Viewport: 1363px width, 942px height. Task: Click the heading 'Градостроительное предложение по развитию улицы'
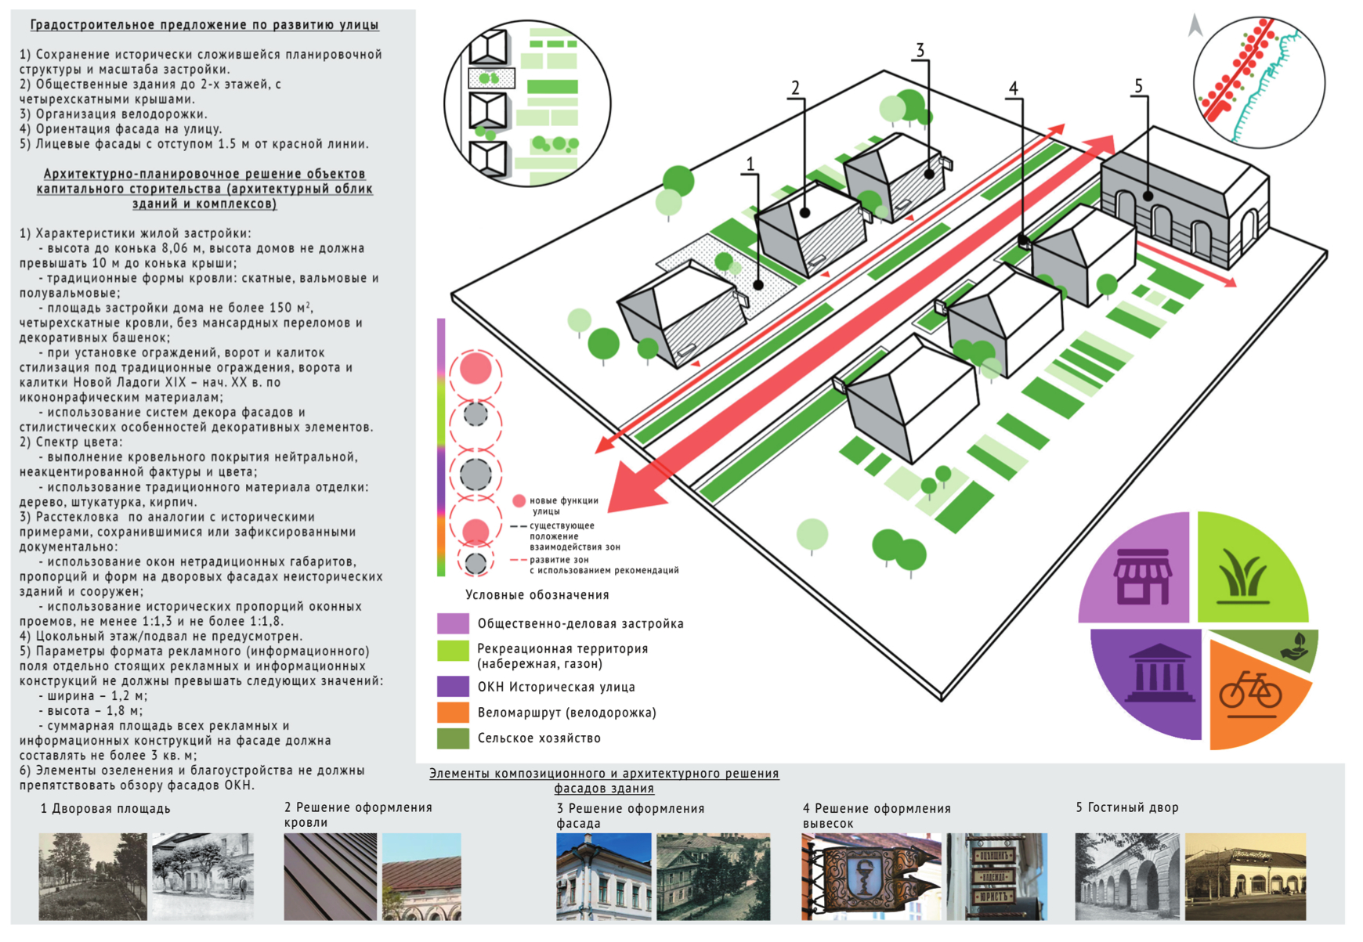tap(204, 25)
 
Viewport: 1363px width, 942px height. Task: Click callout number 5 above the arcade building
tap(1138, 86)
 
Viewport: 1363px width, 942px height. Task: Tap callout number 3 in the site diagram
tap(920, 51)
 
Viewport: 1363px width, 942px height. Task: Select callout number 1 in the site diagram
tap(750, 164)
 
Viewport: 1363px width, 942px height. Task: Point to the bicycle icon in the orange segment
tap(1250, 690)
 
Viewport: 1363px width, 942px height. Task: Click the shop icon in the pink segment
tap(1143, 576)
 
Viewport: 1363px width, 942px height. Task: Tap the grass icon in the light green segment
tap(1243, 578)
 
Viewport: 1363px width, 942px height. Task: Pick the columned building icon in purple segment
tap(1159, 673)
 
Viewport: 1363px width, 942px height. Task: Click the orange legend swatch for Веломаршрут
tap(453, 713)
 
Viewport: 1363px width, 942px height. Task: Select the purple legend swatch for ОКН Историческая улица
tap(453, 687)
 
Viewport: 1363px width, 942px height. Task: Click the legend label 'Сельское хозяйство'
tap(539, 738)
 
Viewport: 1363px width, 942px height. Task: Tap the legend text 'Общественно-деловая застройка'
tap(580, 624)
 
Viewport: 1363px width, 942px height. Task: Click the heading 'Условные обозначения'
tap(537, 595)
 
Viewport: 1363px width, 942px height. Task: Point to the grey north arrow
tap(1195, 26)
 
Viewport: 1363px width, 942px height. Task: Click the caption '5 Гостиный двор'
tap(1126, 807)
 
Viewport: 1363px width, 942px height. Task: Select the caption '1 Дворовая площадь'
tap(105, 809)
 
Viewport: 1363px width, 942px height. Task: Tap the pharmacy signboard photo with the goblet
tap(871, 876)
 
